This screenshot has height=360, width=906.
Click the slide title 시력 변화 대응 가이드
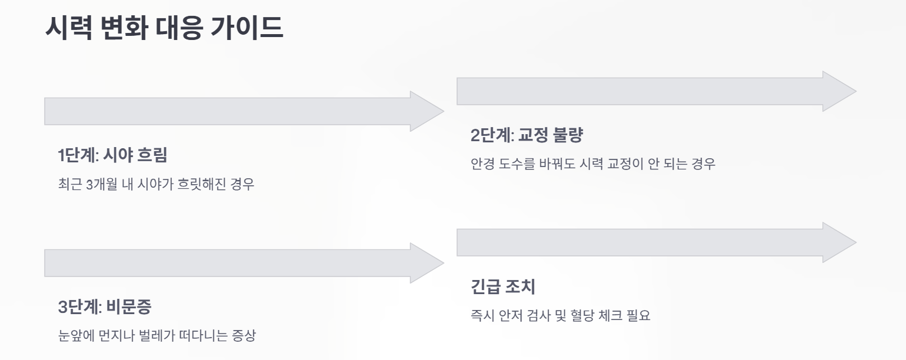164,28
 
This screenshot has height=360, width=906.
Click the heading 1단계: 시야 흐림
112,155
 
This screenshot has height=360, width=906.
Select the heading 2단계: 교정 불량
526,135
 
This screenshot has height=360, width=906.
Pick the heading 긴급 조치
502,287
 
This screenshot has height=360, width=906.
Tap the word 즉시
482,316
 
